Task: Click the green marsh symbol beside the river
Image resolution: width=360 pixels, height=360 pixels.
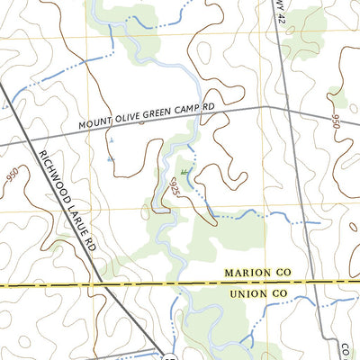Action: click(184, 171)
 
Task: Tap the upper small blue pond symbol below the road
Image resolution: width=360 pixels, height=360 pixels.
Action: click(110, 141)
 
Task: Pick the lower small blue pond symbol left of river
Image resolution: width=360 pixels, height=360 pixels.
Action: click(110, 159)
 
